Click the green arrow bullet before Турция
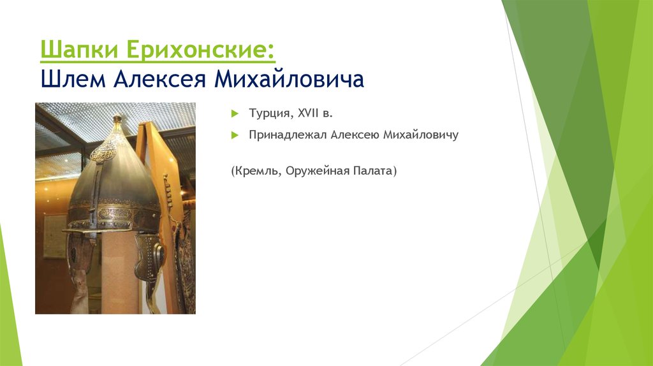pos(234,113)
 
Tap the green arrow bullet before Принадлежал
pos(234,136)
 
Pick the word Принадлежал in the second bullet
pos(288,136)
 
